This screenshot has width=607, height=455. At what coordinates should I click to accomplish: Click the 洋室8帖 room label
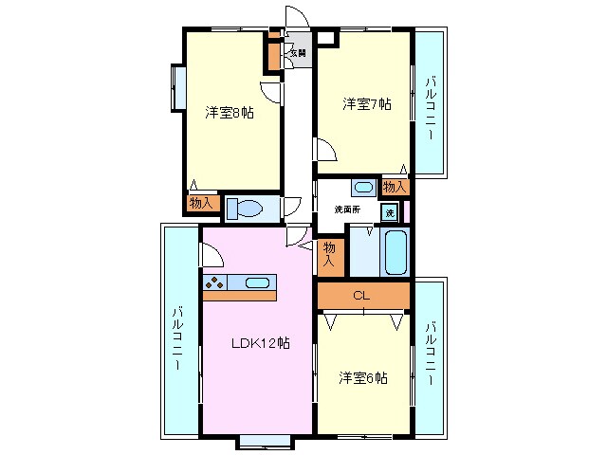pos(230,112)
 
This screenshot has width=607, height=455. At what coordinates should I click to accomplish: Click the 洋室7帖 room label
pos(366,104)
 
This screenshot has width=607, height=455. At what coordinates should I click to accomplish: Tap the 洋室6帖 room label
pos(363,378)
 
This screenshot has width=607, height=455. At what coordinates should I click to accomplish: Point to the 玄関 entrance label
pos(299,53)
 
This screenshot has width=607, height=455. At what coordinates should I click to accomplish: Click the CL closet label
pos(360,296)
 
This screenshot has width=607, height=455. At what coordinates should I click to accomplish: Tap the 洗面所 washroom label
pos(346,209)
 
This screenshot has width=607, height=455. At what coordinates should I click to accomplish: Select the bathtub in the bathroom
pos(395,252)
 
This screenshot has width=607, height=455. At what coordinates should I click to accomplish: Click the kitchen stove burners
pos(213,282)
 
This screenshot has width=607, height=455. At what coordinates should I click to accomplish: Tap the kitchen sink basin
pos(257,282)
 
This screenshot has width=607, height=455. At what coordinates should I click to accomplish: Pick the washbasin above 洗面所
pos(362,187)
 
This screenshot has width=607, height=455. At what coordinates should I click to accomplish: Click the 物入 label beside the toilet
pos(202,203)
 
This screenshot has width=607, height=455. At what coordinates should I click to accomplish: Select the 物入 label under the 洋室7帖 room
pos(395,186)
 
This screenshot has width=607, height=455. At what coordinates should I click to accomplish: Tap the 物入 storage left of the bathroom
pos(331,253)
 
